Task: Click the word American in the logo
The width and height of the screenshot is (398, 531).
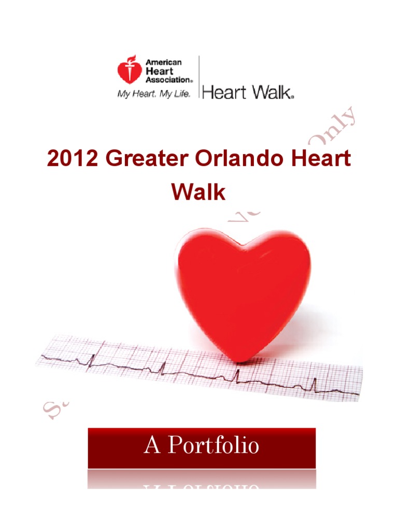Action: click(x=163, y=62)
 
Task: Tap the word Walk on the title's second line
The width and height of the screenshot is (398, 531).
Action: click(x=198, y=192)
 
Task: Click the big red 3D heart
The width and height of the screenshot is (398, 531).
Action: click(x=244, y=290)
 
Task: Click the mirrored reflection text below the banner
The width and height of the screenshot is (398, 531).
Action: click(x=202, y=487)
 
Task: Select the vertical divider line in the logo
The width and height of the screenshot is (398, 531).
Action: click(x=199, y=78)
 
